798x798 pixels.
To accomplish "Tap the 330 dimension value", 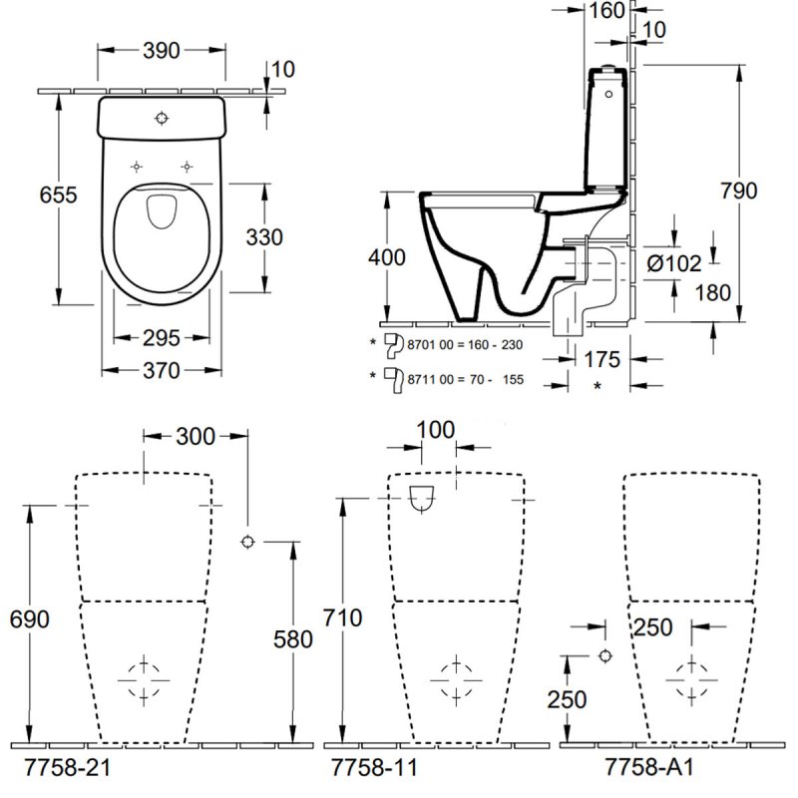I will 264,237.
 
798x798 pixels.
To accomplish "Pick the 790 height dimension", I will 738,190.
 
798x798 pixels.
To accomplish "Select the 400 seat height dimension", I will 386,256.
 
